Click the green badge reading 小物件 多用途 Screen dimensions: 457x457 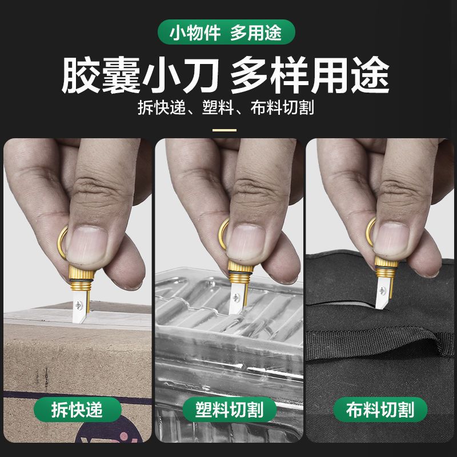(x=226, y=32)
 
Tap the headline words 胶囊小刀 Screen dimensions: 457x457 (x=140, y=75)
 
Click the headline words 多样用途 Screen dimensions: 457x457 (x=310, y=75)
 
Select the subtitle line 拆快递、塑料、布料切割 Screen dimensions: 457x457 (x=226, y=107)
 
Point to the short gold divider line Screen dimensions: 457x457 (x=224, y=130)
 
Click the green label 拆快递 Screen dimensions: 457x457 (x=77, y=410)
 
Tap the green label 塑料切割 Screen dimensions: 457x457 (x=230, y=410)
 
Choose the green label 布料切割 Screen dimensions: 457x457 (x=380, y=410)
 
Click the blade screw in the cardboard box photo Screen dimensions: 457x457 (x=79, y=305)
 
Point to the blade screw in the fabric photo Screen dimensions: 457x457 (x=382, y=290)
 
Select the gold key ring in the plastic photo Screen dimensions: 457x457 (x=223, y=234)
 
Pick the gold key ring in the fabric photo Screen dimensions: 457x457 (x=370, y=232)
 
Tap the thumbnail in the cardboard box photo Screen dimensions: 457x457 (x=87, y=244)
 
